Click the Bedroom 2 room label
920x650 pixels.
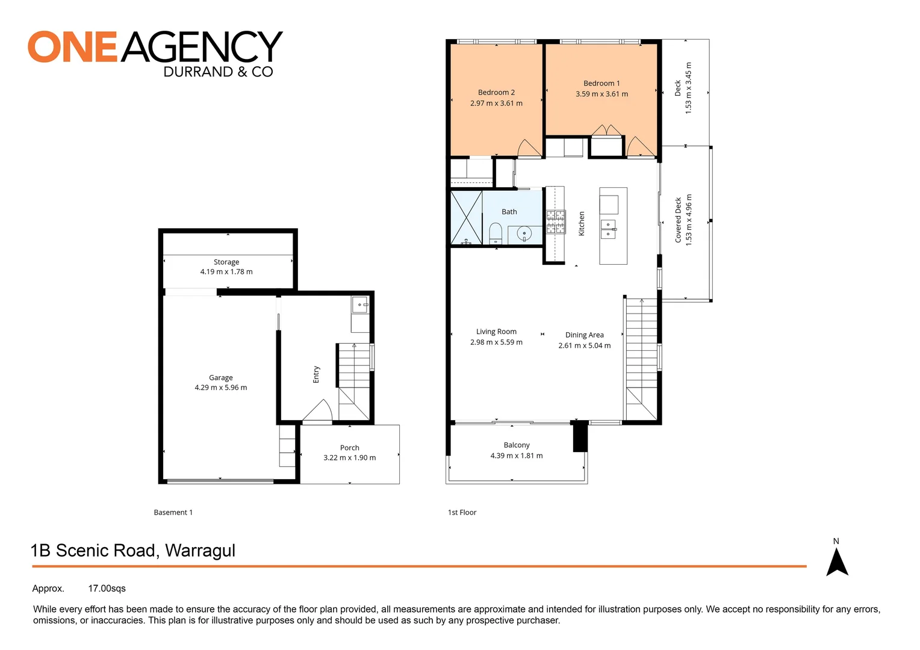click(496, 93)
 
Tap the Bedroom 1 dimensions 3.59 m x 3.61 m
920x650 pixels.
click(601, 94)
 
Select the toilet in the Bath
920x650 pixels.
click(496, 233)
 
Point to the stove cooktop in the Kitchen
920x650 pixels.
click(556, 221)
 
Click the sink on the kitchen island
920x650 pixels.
click(608, 229)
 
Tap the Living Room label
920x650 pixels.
click(496, 332)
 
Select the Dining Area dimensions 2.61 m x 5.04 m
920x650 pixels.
click(584, 346)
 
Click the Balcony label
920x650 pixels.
click(517, 445)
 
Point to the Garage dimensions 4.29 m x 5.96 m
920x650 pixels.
click(220, 388)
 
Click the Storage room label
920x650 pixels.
click(226, 262)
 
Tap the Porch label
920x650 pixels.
click(349, 448)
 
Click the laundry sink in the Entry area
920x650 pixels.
click(360, 305)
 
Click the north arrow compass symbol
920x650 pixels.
click(836, 562)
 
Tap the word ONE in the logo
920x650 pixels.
click(72, 48)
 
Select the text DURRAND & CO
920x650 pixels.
click(218, 72)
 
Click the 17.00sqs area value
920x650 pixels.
click(107, 589)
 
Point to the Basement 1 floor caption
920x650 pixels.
click(173, 513)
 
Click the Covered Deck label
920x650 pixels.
click(678, 220)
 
